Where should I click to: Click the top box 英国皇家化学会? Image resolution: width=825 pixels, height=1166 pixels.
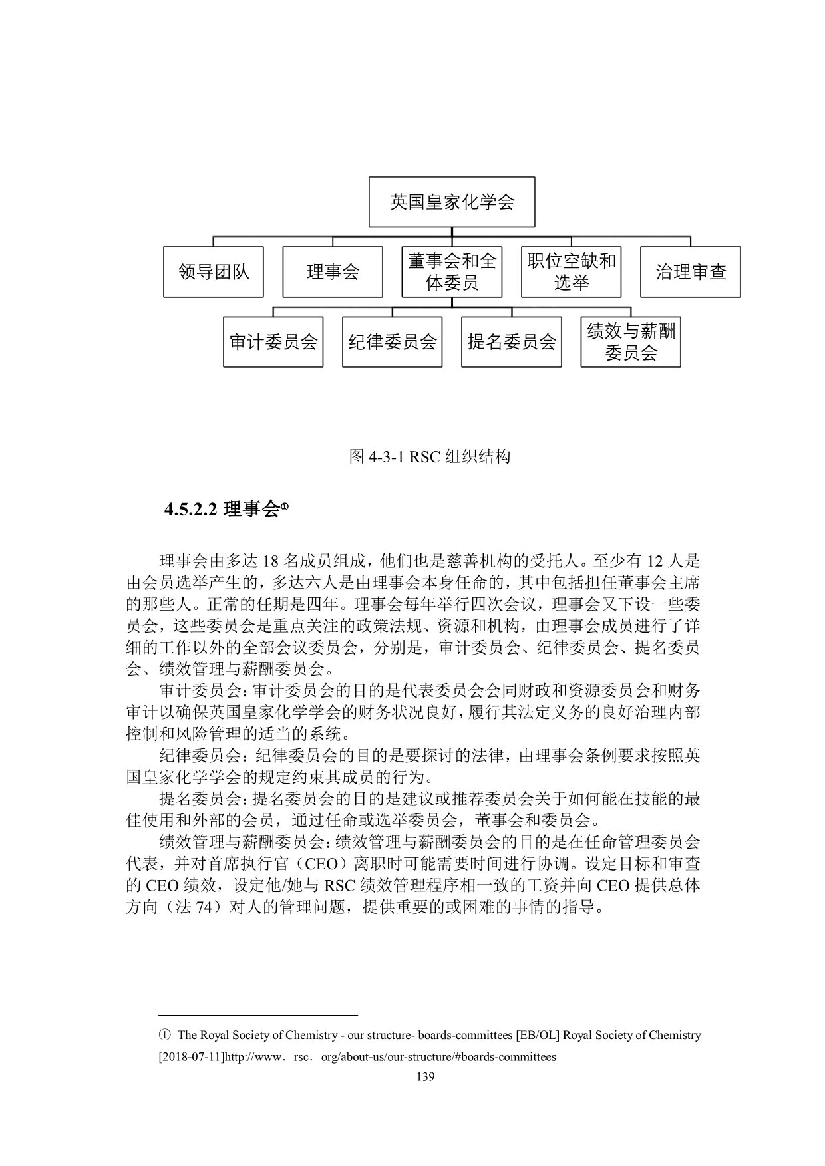tap(452, 202)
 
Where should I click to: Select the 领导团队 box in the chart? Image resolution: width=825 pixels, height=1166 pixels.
tap(213, 272)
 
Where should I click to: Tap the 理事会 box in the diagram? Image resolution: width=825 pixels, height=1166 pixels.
tap(332, 272)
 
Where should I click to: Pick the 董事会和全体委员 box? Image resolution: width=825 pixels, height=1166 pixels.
tap(452, 272)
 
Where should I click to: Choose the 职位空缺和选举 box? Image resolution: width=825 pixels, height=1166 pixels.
tap(571, 272)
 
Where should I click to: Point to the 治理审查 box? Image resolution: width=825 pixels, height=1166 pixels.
tap(690, 272)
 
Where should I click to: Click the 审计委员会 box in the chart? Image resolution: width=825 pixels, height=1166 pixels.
tap(273, 342)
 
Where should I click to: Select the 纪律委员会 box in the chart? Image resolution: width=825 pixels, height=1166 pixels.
tap(392, 342)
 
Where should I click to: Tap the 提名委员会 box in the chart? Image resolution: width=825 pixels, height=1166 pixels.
tap(511, 342)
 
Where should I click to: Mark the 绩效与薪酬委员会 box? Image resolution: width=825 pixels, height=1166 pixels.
tap(631, 342)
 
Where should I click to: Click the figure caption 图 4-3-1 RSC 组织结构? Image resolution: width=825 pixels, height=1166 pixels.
tap(430, 457)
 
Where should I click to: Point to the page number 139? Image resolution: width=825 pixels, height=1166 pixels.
tap(425, 1077)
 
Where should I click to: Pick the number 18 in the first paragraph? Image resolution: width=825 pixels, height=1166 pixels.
tap(270, 561)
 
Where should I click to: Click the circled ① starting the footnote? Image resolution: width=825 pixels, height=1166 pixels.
tap(164, 1035)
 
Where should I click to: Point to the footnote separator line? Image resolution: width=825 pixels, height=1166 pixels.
tap(259, 1016)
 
